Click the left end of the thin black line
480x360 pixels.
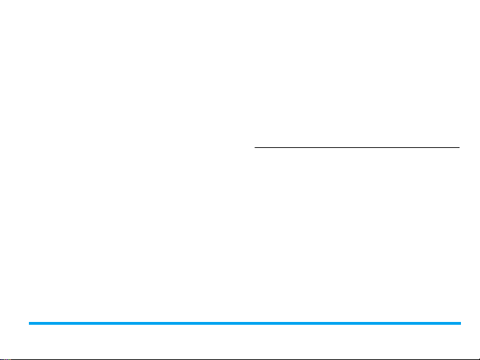tap(254, 148)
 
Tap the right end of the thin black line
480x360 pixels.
tap(460, 148)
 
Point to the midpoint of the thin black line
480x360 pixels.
tap(357, 148)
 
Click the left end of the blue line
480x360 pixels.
tap(29, 323)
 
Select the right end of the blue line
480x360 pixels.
tap(460, 323)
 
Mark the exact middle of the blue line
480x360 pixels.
tap(245, 323)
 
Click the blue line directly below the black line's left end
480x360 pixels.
tap(254, 323)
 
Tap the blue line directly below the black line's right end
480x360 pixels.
tap(460, 323)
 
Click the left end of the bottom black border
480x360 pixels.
tap(1, 359)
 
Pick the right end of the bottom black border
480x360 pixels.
tap(479, 359)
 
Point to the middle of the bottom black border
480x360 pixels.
tap(240, 359)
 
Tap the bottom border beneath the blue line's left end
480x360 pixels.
tap(29, 359)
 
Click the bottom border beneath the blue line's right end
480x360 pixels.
tap(460, 359)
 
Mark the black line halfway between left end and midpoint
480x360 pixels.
tap(306, 148)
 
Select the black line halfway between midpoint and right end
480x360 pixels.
tap(408, 148)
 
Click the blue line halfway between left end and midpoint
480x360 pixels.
tap(137, 323)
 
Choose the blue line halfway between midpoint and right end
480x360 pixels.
tap(352, 323)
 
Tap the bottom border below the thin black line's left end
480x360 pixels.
tap(254, 359)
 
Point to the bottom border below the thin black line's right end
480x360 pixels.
tap(460, 359)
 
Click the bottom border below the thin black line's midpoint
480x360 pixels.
tap(357, 359)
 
